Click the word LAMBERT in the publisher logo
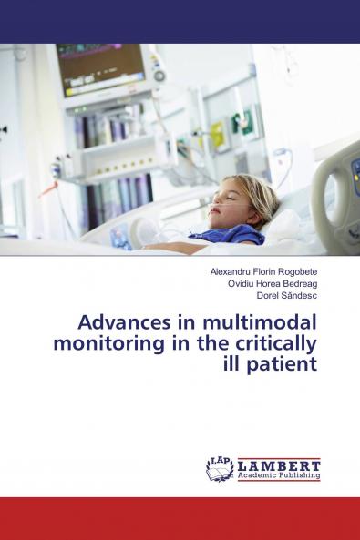point(278,465)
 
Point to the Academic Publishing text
point(278,475)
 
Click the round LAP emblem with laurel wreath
point(220,468)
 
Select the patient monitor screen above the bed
point(101,67)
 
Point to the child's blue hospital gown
point(228,236)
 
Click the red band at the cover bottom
point(180,518)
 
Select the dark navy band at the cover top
point(180,21)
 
